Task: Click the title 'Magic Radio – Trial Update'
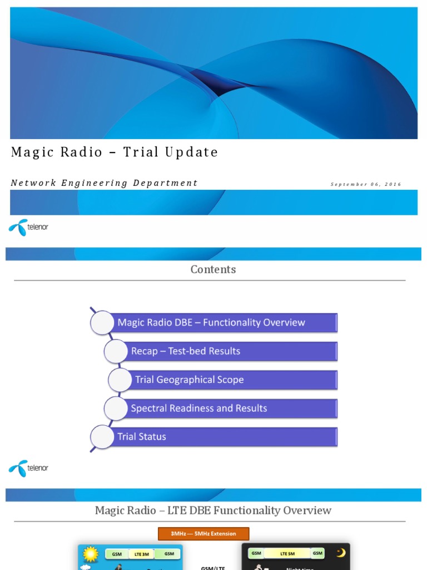[115, 153]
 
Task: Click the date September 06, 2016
[365, 184]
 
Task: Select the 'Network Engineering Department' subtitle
[104, 183]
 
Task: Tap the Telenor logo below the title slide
[28, 227]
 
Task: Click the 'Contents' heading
[213, 269]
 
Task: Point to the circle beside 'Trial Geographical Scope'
[120, 380]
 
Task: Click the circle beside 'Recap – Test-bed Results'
[116, 351]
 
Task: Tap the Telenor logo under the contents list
[28, 468]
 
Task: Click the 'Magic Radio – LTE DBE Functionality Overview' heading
[213, 510]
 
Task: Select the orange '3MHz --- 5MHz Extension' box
[203, 534]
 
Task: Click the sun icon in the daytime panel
[90, 554]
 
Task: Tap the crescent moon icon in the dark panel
[340, 553]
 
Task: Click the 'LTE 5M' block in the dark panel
[287, 553]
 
